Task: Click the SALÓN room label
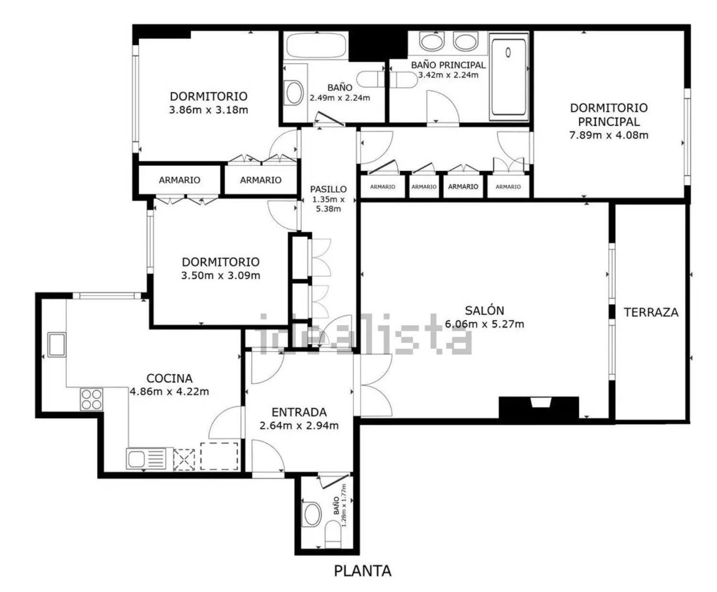[x=484, y=310]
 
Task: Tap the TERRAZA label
[x=651, y=312]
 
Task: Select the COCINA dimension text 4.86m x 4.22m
[x=169, y=391]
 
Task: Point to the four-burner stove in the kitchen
[x=92, y=399]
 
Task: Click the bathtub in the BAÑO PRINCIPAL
[x=509, y=77]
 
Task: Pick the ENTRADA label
[x=299, y=412]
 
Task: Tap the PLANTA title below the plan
[x=363, y=571]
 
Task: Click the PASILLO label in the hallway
[x=328, y=189]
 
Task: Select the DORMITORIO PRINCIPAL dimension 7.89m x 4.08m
[x=609, y=135]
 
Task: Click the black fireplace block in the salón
[x=538, y=408]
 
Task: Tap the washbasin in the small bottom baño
[x=311, y=515]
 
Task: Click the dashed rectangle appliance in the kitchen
[x=219, y=456]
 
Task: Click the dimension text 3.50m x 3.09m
[x=220, y=275]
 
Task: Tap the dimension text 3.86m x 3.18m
[x=208, y=110]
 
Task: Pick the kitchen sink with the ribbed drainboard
[x=146, y=458]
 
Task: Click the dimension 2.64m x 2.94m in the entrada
[x=299, y=426]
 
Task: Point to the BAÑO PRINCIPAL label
[x=448, y=65]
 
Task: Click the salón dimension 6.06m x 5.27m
[x=484, y=324]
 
